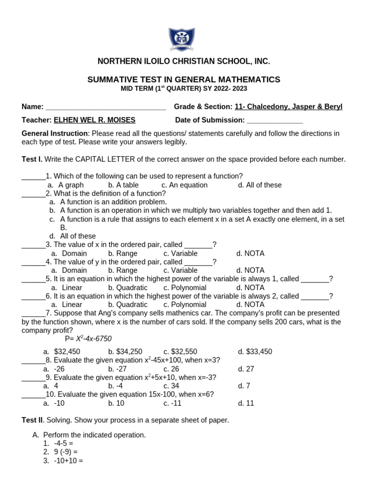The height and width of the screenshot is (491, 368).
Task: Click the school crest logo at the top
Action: [182, 40]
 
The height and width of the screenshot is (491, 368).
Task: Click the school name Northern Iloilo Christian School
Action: [184, 61]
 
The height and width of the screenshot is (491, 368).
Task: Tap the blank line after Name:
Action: [105, 107]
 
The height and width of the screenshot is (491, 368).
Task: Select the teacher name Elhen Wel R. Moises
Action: [94, 120]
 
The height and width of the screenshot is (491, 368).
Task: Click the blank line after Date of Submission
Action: [275, 120]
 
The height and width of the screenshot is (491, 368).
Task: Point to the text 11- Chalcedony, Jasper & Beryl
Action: [288, 106]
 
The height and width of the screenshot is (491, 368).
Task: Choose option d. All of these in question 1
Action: [259, 185]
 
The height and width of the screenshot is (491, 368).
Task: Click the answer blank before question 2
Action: [34, 194]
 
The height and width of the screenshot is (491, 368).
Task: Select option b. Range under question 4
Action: [123, 270]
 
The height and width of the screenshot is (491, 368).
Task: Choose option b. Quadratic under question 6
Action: [127, 304]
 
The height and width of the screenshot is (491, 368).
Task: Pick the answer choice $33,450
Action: [255, 351]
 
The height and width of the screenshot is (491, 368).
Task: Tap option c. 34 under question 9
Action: [171, 386]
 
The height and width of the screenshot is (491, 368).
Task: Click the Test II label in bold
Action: [32, 421]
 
